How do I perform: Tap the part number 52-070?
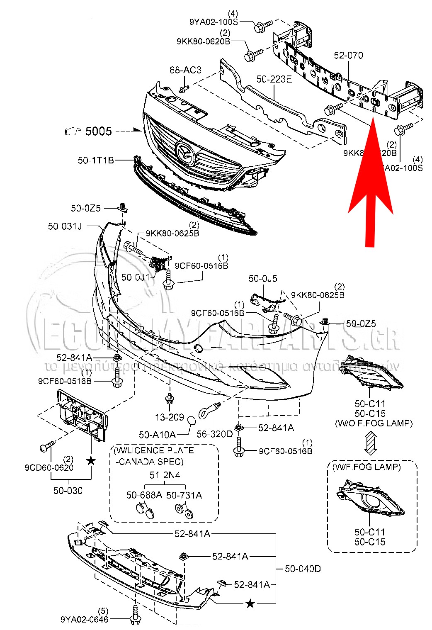coord(348,56)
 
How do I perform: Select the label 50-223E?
coord(274,79)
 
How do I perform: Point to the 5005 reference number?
coord(98,131)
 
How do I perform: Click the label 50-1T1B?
coord(96,160)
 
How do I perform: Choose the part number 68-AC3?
coord(185,70)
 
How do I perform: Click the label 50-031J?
coord(65,226)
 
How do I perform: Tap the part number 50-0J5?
coord(263,278)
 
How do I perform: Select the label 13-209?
coord(170,417)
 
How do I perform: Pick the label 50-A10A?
coord(157,434)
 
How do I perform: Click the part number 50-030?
coord(68,491)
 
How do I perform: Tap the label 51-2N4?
coord(165,475)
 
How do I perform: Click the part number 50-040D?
coord(303,569)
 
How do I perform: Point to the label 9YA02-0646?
coord(84,620)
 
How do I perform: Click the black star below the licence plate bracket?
coord(91,461)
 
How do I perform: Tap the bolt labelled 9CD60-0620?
coord(47,447)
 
